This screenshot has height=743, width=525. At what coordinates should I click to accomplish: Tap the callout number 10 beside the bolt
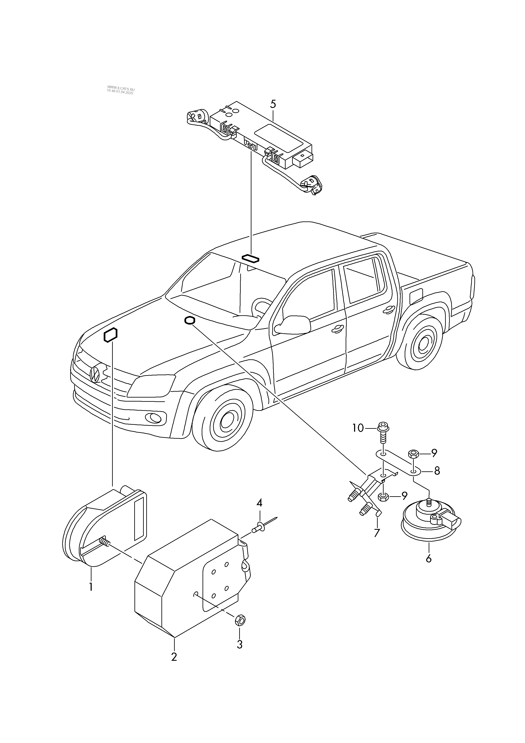click(x=358, y=428)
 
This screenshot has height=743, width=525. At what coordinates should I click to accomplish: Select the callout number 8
click(x=437, y=471)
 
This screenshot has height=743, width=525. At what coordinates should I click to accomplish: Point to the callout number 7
click(x=377, y=533)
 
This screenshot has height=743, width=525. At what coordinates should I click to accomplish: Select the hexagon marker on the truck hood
click(x=110, y=335)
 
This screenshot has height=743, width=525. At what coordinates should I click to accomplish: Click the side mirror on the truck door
click(x=292, y=325)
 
